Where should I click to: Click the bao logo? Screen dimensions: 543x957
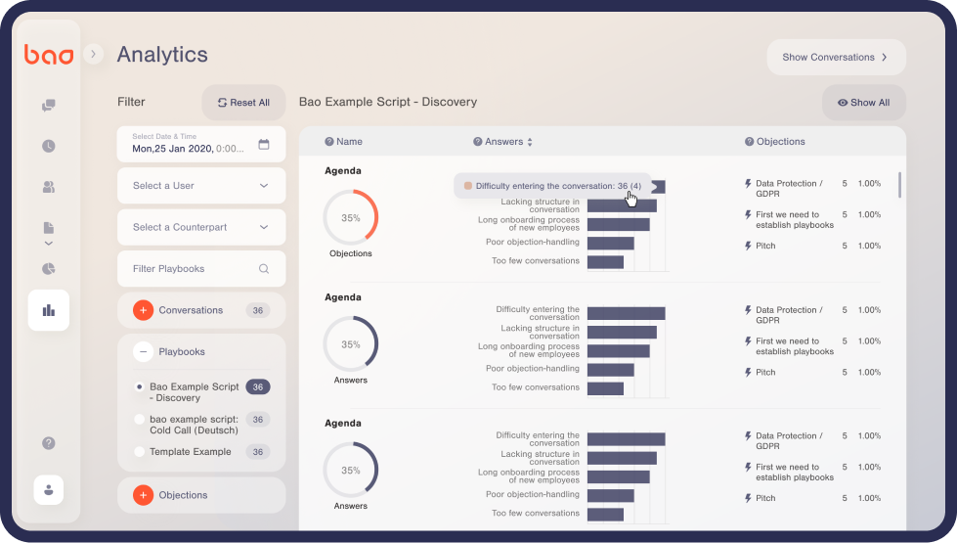pyautogui.click(x=49, y=56)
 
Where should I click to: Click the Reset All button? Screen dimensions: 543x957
pyautogui.click(x=243, y=103)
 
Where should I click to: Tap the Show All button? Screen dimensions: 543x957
pyautogui.click(x=863, y=103)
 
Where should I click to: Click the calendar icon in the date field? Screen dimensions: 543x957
pyautogui.click(x=264, y=145)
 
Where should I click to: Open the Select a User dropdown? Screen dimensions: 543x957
pyautogui.click(x=201, y=186)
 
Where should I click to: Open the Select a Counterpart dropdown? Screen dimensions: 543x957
pyautogui.click(x=201, y=227)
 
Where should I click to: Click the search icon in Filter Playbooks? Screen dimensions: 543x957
pyautogui.click(x=264, y=269)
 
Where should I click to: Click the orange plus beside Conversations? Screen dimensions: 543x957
pyautogui.click(x=143, y=310)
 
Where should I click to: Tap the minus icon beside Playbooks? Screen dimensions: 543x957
pyautogui.click(x=143, y=351)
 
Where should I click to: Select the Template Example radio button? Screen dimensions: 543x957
pyautogui.click(x=140, y=452)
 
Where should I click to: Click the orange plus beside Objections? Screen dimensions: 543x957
pyautogui.click(x=143, y=495)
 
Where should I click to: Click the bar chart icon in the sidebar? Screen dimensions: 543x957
pyautogui.click(x=49, y=310)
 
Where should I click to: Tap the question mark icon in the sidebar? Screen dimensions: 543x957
pyautogui.click(x=49, y=443)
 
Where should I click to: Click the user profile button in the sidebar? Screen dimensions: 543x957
pyautogui.click(x=49, y=489)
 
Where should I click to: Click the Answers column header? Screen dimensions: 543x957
pyautogui.click(x=503, y=142)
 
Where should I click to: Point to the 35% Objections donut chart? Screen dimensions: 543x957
pyautogui.click(x=351, y=218)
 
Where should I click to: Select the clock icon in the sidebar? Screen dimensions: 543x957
pyautogui.click(x=49, y=146)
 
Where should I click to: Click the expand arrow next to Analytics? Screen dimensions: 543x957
pyautogui.click(x=94, y=55)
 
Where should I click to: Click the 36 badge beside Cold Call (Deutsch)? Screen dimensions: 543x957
pyautogui.click(x=257, y=420)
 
